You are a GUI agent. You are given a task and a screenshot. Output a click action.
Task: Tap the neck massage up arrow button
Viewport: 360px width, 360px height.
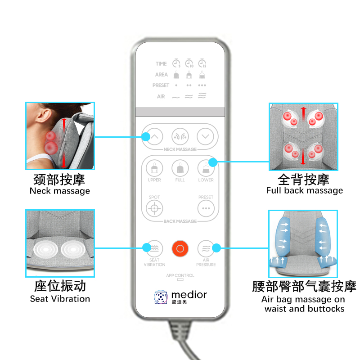click(154, 137)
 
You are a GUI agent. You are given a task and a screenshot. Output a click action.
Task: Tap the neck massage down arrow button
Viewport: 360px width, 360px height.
click(205, 137)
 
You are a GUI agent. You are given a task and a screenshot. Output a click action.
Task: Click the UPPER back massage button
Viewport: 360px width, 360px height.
click(154, 168)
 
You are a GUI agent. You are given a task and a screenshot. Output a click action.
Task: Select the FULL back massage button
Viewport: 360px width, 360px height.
click(180, 168)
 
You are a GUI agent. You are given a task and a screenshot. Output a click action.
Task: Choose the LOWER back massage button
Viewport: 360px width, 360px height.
click(206, 168)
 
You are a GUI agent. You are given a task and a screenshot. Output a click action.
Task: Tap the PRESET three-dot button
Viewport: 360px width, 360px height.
click(206, 208)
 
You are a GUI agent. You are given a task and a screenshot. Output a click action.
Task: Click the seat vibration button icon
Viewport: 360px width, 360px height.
click(154, 249)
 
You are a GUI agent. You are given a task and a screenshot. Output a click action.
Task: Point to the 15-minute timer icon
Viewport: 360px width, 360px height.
click(202, 63)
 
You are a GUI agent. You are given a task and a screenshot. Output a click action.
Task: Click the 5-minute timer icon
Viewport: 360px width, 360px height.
click(176, 63)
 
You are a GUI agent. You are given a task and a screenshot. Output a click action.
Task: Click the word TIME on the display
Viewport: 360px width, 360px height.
click(161, 63)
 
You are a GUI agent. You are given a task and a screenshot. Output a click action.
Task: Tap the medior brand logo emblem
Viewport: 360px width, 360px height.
click(161, 297)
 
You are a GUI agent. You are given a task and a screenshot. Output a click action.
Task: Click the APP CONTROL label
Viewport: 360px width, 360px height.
click(180, 275)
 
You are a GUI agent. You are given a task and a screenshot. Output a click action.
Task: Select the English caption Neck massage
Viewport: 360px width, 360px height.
click(60, 191)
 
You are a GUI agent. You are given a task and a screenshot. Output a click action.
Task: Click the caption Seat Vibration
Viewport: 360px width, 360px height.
click(60, 299)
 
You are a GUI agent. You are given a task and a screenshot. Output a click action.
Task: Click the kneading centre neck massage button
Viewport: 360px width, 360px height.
click(180, 137)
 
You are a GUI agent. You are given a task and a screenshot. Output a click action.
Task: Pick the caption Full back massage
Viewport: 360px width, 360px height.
click(305, 190)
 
